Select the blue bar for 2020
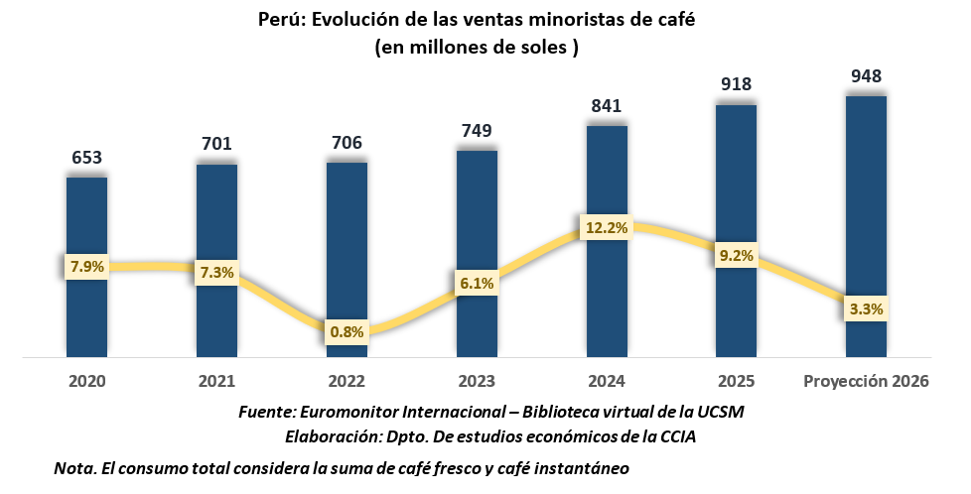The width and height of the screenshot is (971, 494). pyautogui.click(x=86, y=308)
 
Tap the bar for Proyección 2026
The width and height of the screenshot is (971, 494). pyautogui.click(x=866, y=198)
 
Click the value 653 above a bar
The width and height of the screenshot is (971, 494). pyautogui.click(x=86, y=158)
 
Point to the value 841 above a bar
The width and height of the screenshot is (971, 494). pyautogui.click(x=607, y=106)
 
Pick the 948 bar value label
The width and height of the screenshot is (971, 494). pyautogui.click(x=866, y=75)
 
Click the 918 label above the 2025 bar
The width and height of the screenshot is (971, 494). pyautogui.click(x=736, y=85)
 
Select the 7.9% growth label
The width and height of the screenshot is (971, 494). pyautogui.click(x=86, y=266)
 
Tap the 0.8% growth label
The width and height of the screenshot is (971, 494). pyautogui.click(x=347, y=332)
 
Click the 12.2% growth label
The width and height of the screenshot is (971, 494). pyautogui.click(x=607, y=228)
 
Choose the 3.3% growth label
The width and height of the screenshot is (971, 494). pyautogui.click(x=866, y=309)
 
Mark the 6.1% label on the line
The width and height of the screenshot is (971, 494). pyautogui.click(x=477, y=282)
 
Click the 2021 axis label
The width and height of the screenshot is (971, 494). pyautogui.click(x=216, y=382)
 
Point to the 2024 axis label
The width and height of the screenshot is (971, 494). pyautogui.click(x=607, y=382)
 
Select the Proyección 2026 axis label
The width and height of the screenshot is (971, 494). pyautogui.click(x=865, y=382)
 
